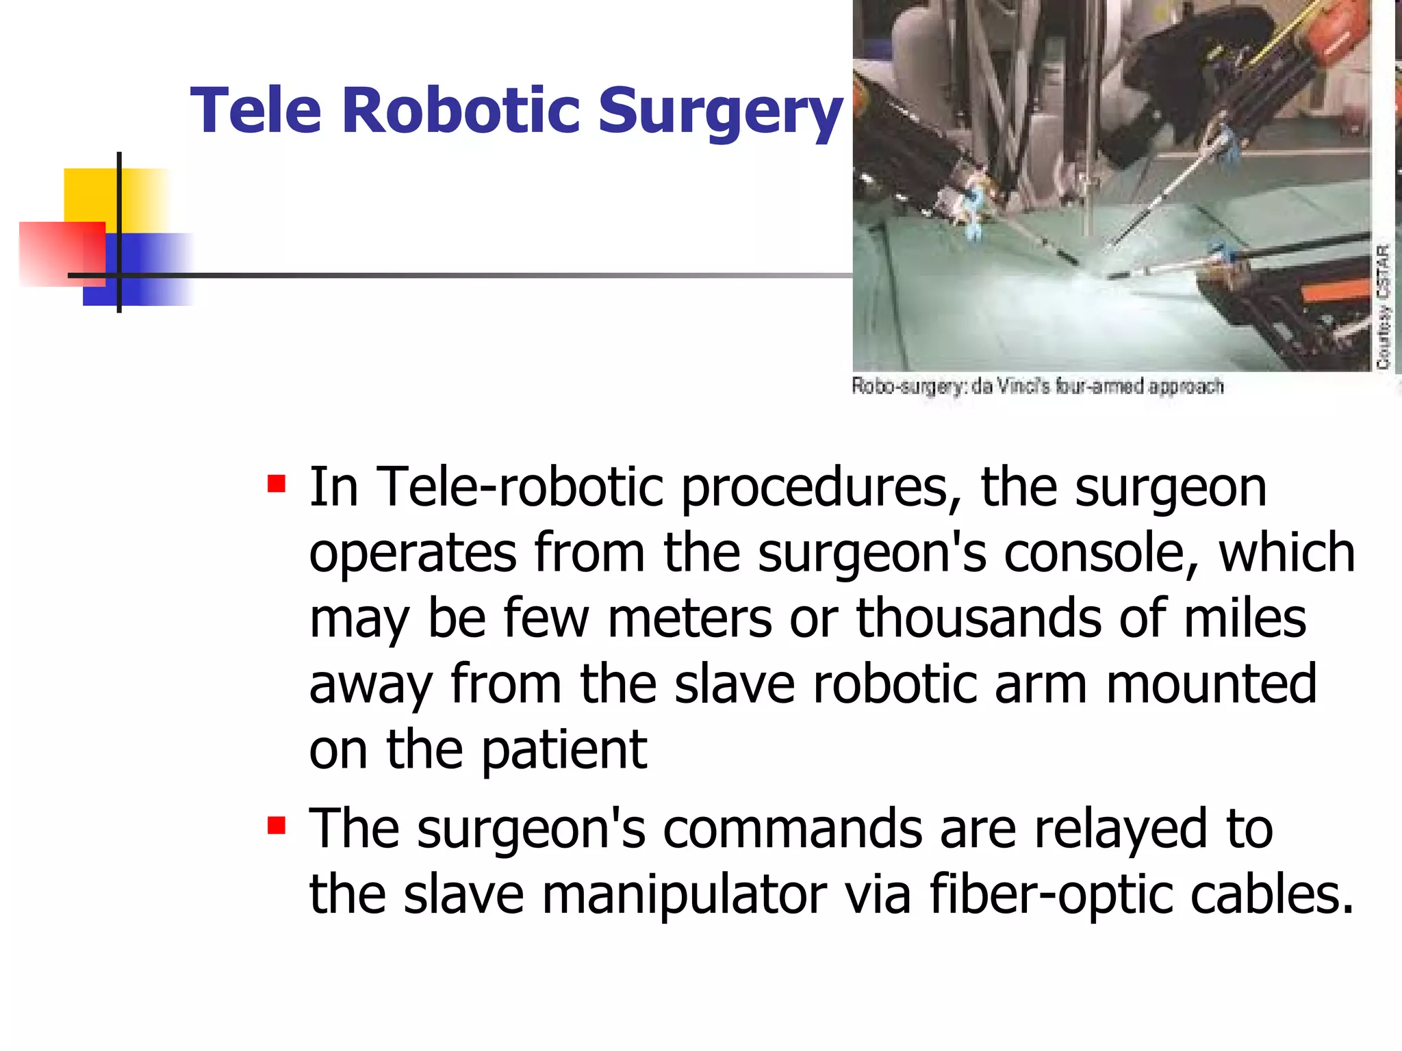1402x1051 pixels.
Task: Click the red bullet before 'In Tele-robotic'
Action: pyautogui.click(x=277, y=484)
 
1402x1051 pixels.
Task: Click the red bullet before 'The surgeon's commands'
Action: pyautogui.click(x=277, y=825)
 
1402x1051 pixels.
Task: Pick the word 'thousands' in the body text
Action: pyautogui.click(x=979, y=618)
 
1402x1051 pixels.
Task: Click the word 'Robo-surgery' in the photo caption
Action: pyautogui.click(x=907, y=387)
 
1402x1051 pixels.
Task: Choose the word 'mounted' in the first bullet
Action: pyautogui.click(x=1211, y=684)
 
